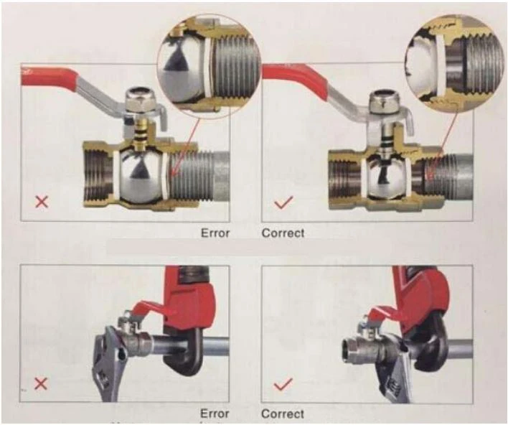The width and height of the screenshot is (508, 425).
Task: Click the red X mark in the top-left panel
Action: pyautogui.click(x=42, y=202)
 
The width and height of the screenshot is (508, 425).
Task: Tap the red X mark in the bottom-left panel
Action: pyautogui.click(x=42, y=383)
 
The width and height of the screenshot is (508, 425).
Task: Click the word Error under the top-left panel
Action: pyautogui.click(x=215, y=233)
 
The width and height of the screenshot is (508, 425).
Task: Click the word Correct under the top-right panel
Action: pyautogui.click(x=283, y=233)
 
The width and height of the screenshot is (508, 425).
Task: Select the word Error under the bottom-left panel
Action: pyautogui.click(x=215, y=414)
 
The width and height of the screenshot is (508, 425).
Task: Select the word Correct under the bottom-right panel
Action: pyautogui.click(x=283, y=414)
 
